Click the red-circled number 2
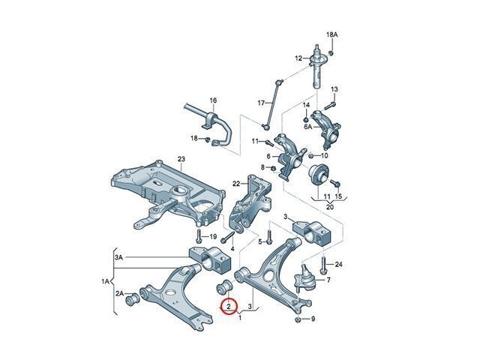tap(229, 306)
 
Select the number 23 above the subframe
tap(181, 158)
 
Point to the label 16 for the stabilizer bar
tap(212, 100)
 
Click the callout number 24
tap(338, 265)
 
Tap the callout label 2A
tap(119, 294)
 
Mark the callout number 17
tap(261, 103)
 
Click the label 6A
tap(307, 127)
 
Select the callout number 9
tap(313, 319)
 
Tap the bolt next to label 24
tap(322, 266)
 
